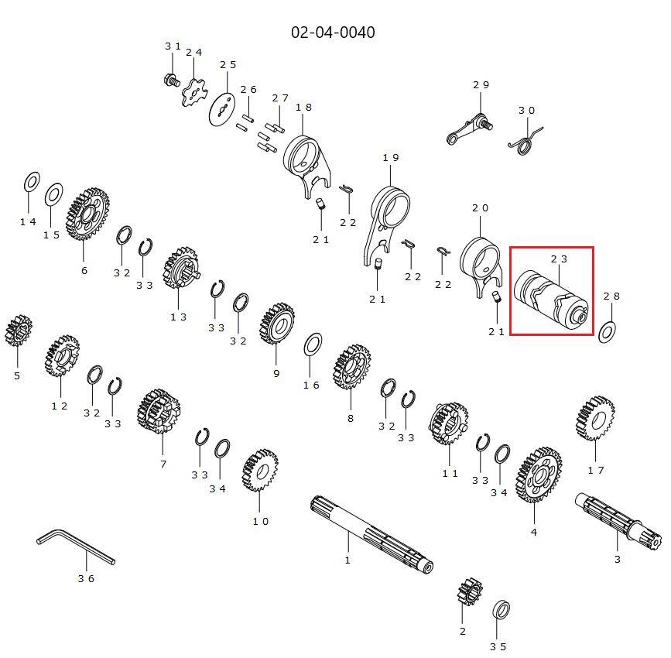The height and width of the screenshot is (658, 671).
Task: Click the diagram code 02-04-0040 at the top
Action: coord(333,33)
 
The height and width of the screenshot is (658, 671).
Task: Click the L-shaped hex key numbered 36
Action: coord(75,547)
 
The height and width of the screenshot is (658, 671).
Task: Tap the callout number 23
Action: coord(559,259)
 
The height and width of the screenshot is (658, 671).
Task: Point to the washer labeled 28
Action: coord(607,333)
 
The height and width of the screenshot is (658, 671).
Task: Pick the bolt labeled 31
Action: coord(172,80)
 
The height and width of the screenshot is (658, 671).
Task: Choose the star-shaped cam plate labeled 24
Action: coord(193,92)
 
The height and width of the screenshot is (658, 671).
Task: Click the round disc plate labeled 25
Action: coord(222,111)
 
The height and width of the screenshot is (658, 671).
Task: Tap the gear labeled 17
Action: coord(595,419)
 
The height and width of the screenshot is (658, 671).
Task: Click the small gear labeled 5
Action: coord(18,331)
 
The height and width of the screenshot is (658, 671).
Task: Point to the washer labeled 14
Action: coord(32,183)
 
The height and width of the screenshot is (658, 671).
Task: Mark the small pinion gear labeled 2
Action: coord(470,591)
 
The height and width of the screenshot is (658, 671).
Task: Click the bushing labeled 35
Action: coord(501,610)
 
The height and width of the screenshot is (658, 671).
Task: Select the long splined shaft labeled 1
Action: coord(371,534)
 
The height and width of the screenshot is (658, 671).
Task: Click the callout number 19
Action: coord(391,158)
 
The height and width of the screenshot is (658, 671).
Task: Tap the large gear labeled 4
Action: coord(539,475)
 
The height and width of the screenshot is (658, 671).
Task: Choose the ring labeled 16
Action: coord(313,344)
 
